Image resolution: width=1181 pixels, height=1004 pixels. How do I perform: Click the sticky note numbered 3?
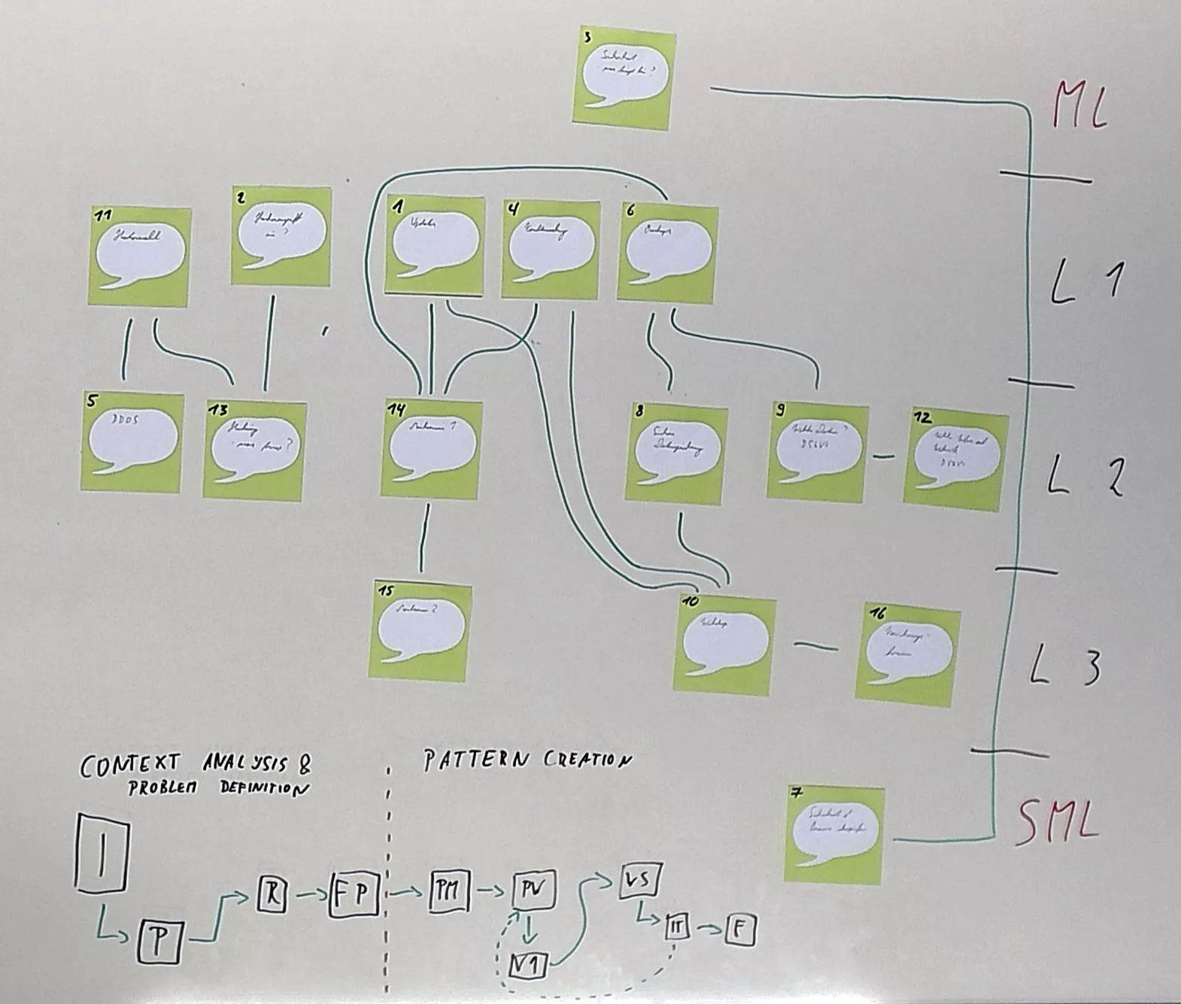click(621, 78)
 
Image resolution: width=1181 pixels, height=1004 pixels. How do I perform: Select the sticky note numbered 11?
click(139, 256)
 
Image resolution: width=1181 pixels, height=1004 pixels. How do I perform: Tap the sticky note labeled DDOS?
click(132, 442)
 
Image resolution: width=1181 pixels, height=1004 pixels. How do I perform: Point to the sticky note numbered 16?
click(908, 654)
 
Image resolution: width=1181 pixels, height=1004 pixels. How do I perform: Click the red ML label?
click(1080, 105)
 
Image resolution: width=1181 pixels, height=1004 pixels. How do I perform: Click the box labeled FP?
click(353, 894)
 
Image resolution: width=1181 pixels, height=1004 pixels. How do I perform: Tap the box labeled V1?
click(528, 964)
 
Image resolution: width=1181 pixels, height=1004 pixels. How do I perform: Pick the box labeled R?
click(272, 893)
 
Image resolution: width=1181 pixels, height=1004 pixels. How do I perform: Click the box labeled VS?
click(639, 880)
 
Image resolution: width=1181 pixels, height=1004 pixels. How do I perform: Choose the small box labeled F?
click(740, 932)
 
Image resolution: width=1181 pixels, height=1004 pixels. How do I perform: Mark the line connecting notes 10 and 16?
click(816, 646)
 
